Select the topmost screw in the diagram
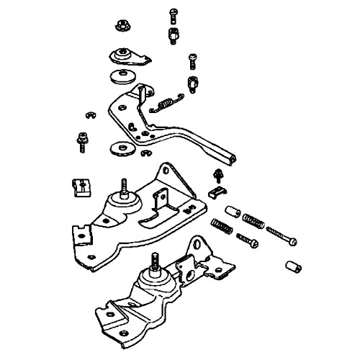point(174,12)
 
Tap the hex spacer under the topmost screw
point(174,35)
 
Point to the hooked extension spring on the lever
point(165,105)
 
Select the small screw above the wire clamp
point(216,174)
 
